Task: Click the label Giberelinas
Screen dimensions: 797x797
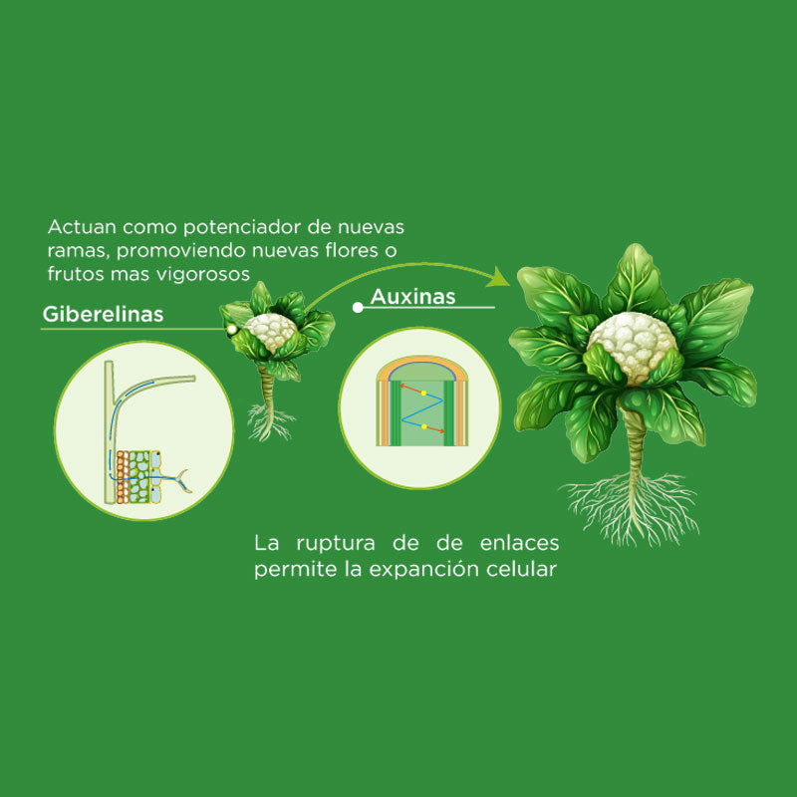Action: tap(103, 315)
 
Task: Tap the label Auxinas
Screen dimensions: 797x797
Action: tap(412, 297)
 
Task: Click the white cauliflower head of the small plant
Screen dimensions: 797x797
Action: tap(271, 331)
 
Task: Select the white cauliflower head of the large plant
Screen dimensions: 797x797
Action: tap(632, 348)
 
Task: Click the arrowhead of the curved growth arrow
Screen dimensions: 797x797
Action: tap(504, 277)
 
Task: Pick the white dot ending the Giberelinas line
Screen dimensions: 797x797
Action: tap(231, 328)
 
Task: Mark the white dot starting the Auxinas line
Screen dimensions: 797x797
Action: tap(358, 308)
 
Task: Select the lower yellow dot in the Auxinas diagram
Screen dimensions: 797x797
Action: tap(424, 427)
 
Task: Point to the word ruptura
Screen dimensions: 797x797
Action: tap(338, 544)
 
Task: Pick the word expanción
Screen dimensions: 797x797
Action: tap(426, 571)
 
